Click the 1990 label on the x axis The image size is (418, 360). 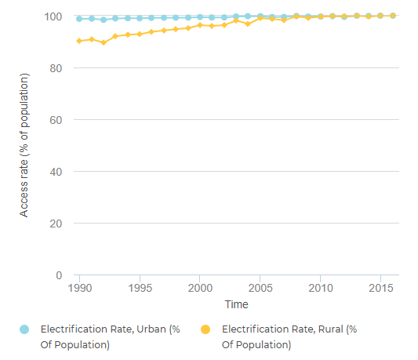(79, 288)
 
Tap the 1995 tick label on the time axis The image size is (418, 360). (140, 288)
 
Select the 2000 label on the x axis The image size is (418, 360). (200, 288)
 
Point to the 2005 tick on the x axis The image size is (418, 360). (260, 288)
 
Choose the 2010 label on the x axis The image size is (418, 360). (320, 288)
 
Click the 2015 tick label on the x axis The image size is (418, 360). (380, 288)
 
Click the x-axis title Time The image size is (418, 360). (236, 304)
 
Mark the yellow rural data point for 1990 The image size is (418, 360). (79, 41)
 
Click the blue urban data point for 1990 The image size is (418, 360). (79, 18)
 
